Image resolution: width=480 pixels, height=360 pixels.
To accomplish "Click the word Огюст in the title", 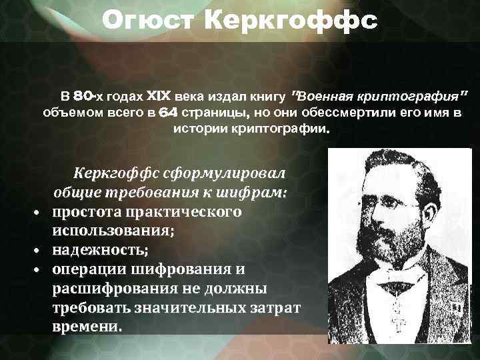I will [x=151, y=21].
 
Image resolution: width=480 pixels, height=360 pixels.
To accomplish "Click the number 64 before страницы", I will [x=168, y=111].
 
